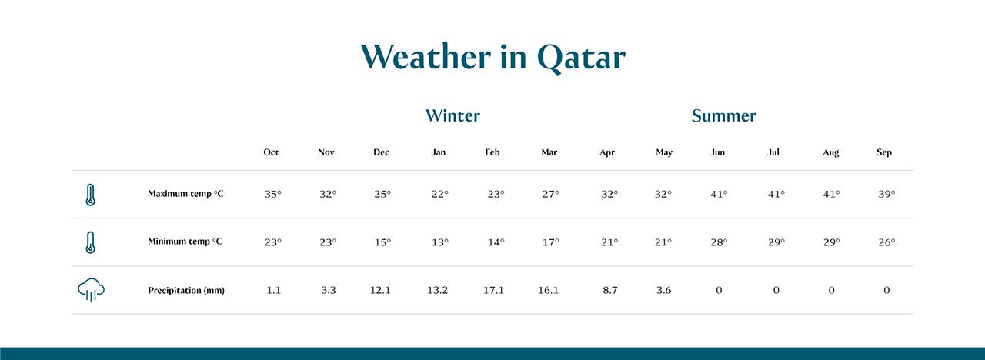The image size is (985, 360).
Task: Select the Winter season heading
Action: tap(452, 116)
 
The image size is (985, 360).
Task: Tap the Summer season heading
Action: tap(723, 116)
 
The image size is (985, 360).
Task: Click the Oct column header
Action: tap(271, 152)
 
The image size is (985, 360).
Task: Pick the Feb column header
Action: tap(492, 152)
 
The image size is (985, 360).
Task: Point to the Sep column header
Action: tap(884, 152)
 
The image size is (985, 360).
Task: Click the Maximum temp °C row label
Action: tap(185, 194)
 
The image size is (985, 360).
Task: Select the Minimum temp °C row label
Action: tap(185, 242)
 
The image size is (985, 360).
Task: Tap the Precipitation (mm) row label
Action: tap(186, 291)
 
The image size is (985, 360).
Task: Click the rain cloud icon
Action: tap(91, 290)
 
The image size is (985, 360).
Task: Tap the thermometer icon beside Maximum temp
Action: tap(91, 195)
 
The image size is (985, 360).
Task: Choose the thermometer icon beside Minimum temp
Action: tap(91, 242)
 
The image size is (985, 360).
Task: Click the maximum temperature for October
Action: tap(273, 195)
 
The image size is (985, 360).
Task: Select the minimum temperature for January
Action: tap(439, 242)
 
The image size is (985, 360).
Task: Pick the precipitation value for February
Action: tap(493, 291)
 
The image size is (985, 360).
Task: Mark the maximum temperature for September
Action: tap(886, 195)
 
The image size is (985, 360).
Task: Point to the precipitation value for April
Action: tap(609, 291)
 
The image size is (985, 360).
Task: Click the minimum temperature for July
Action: tap(776, 242)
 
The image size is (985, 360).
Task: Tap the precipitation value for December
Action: tap(380, 291)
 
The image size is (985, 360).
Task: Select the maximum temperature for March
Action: tap(550, 195)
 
